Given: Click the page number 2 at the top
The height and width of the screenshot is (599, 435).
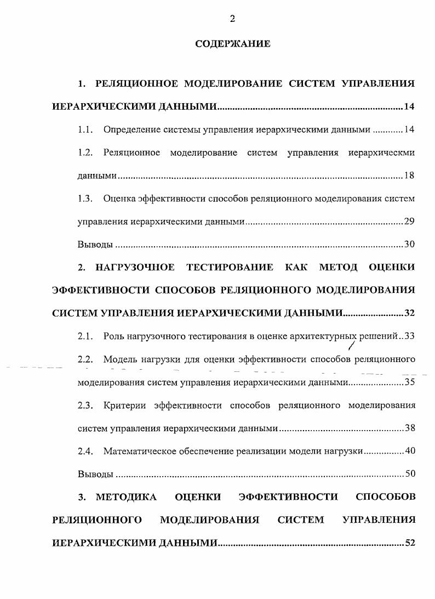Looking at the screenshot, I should tap(232, 19).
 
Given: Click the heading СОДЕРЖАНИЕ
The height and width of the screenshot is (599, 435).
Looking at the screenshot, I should tap(232, 44).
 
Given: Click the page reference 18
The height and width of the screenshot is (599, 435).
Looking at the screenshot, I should tap(409, 176).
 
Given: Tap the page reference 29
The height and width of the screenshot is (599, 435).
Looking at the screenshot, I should tap(409, 222).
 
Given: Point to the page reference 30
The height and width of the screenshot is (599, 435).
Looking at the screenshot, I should tap(409, 245).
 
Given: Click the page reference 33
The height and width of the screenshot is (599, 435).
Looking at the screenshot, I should tap(409, 336).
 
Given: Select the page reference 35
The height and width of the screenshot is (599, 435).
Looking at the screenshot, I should tap(409, 382).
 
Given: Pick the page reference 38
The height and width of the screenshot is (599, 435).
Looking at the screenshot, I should tap(409, 428).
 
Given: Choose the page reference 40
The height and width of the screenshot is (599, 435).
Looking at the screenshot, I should tap(409, 451).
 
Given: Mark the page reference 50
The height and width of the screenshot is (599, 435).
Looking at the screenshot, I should tap(409, 474).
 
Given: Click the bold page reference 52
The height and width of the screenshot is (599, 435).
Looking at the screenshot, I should tap(409, 543).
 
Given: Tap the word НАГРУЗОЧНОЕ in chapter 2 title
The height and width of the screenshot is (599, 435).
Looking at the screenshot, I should tap(135, 267).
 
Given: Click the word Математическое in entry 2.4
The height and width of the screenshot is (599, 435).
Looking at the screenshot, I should tap(137, 451).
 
